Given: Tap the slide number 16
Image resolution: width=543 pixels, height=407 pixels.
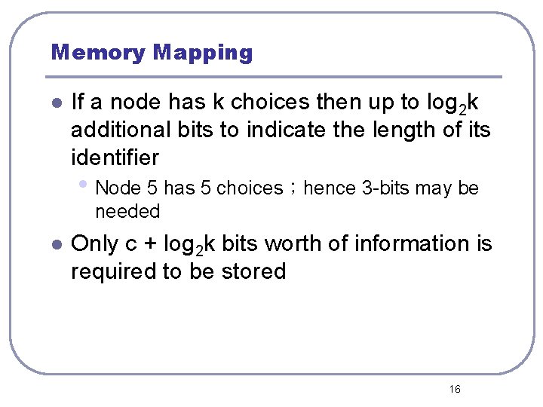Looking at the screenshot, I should [x=455, y=389].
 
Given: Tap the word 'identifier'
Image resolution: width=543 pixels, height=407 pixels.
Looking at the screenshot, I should [x=115, y=158].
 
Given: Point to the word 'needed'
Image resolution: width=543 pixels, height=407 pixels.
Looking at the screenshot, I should [x=128, y=211].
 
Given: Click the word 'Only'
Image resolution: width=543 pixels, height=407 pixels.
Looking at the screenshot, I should [x=94, y=243].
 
